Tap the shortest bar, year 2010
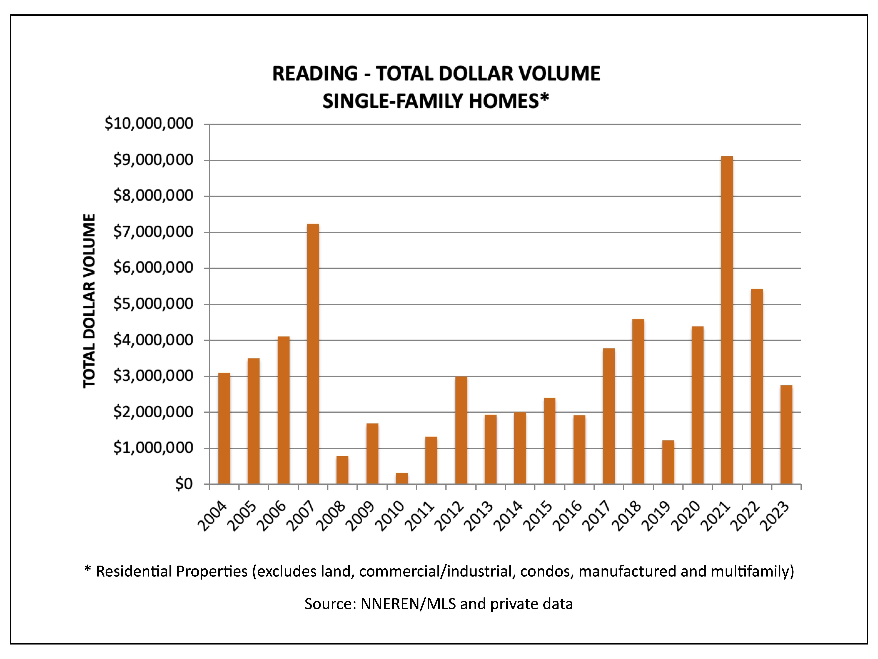(402, 478)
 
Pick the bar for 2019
(668, 462)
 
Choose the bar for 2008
(342, 470)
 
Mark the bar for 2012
(461, 430)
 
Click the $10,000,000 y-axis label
(149, 124)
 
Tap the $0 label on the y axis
(184, 484)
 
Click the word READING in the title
(315, 74)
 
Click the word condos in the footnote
(547, 571)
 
